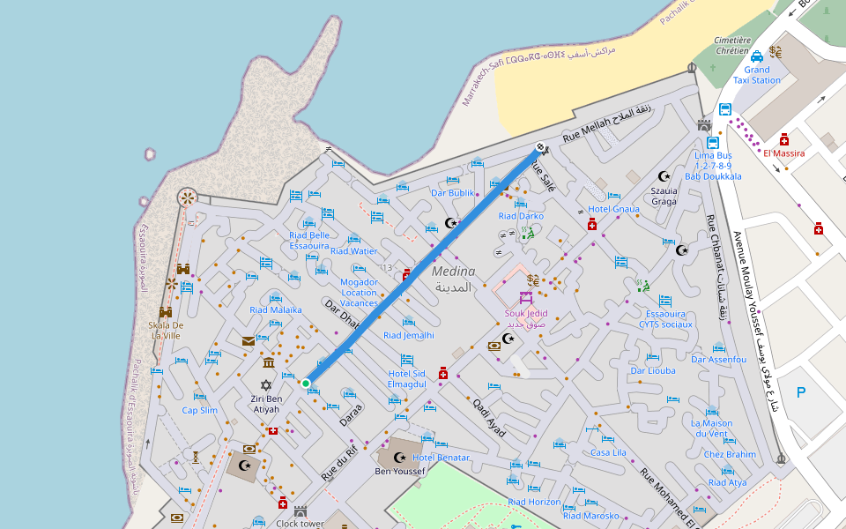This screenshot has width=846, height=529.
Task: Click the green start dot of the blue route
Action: pos(306,383)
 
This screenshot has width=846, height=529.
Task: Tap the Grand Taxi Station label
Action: pos(757,75)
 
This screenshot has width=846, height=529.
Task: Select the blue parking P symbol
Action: pos(801,393)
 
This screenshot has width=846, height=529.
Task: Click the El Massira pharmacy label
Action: pos(783,153)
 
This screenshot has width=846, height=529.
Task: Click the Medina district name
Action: pos(453,279)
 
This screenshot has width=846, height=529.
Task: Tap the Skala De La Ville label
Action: pos(165,330)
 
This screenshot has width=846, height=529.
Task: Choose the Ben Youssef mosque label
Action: pos(400,472)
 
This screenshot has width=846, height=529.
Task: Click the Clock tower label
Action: pos(300,524)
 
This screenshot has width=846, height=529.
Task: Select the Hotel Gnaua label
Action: pos(613,209)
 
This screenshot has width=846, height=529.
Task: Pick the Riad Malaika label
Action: pos(276,309)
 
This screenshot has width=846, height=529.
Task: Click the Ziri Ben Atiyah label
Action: pos(266,404)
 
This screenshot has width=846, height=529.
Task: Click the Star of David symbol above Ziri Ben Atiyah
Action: pos(266,385)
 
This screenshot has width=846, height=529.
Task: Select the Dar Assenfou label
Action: pos(719,360)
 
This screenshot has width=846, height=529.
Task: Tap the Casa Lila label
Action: pos(608,452)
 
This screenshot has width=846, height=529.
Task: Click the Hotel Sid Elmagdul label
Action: pos(407,379)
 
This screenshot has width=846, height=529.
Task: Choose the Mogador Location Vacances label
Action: pos(359,293)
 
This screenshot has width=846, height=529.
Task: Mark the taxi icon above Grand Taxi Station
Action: pos(757,56)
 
